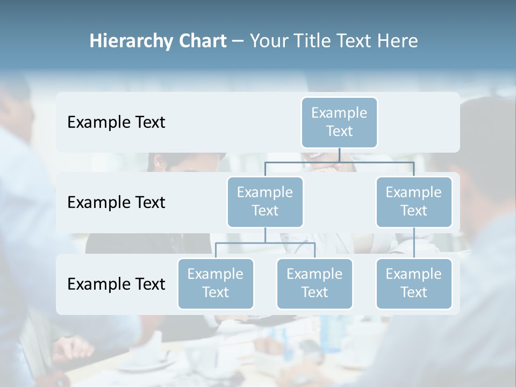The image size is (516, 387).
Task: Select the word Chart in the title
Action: (x=200, y=41)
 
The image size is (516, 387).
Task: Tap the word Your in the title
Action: (x=269, y=41)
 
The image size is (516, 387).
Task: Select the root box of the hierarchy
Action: (x=339, y=122)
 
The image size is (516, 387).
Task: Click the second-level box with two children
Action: (x=265, y=202)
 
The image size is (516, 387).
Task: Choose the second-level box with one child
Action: (x=414, y=202)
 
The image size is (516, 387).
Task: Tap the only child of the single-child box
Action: (x=414, y=283)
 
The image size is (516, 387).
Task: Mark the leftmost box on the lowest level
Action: (x=216, y=283)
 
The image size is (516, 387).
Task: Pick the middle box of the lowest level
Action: (x=314, y=283)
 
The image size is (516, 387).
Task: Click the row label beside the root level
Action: (x=116, y=123)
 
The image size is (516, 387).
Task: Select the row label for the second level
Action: (x=116, y=203)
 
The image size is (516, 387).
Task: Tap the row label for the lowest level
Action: (x=116, y=284)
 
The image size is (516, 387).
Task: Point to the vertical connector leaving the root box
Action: (x=339, y=155)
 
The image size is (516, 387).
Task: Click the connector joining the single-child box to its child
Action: (x=414, y=243)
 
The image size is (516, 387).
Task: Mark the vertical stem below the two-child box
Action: (x=265, y=235)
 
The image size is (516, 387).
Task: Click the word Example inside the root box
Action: (x=339, y=113)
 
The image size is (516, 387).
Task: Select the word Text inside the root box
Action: (x=339, y=131)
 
